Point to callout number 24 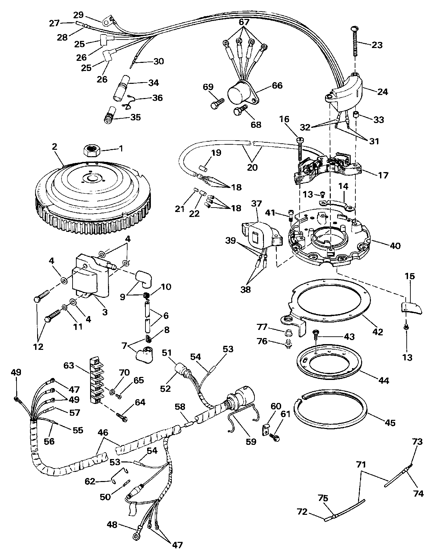383,92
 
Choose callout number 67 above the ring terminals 244,22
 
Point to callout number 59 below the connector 251,441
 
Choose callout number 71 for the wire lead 361,465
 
